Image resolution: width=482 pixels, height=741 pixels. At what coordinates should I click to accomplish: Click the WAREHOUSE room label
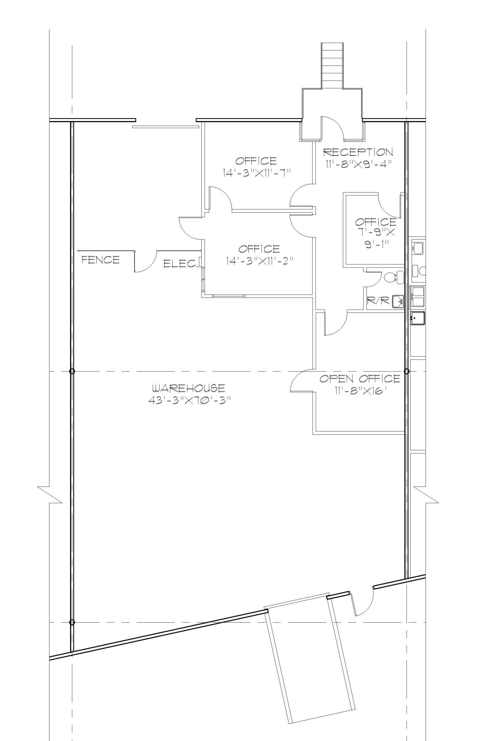188,388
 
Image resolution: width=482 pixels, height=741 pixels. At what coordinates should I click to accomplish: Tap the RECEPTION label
358,152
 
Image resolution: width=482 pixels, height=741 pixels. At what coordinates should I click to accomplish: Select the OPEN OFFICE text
360,379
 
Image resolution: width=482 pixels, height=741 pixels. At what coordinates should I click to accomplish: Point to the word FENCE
100,260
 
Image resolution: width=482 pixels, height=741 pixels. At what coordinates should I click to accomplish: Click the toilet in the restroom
394,277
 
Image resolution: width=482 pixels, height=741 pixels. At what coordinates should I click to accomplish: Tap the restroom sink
398,301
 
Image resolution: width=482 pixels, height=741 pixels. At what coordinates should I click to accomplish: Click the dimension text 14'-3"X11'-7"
256,173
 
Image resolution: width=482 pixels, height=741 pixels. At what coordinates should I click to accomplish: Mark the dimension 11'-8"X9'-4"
358,164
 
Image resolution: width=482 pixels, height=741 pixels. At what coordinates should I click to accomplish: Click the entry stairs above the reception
333,66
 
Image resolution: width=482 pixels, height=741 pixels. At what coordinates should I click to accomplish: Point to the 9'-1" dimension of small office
377,245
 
